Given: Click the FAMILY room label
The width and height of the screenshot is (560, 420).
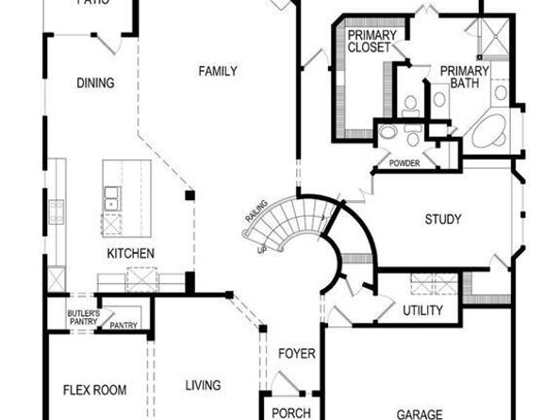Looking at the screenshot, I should (x=217, y=71).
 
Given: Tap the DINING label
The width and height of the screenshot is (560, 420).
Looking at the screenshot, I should (x=95, y=83).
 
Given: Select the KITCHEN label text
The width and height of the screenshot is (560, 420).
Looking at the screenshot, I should (x=130, y=253).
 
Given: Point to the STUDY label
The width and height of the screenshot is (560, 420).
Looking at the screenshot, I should (x=442, y=220).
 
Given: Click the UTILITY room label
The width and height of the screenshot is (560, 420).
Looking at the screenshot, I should (x=422, y=311).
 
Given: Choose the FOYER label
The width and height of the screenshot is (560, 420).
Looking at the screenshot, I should (x=295, y=354).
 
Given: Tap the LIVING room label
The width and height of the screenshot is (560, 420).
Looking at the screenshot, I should (x=203, y=385).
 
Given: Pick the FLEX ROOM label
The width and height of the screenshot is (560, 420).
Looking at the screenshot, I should (x=94, y=390).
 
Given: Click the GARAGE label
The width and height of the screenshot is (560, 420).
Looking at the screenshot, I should (x=420, y=414).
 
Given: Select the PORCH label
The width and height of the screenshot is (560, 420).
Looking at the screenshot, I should (x=290, y=413).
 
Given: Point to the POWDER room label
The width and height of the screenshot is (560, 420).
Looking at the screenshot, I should (x=404, y=163).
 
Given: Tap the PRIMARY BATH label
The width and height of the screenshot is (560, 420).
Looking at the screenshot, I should (x=464, y=76).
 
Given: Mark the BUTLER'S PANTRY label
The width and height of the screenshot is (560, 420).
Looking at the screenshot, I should (x=82, y=317).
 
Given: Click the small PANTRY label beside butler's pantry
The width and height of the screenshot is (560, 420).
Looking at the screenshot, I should (x=124, y=327).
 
